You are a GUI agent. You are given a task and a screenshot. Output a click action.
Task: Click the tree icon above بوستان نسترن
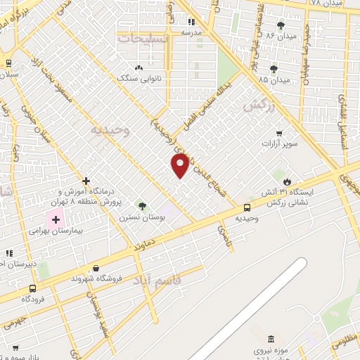click(x=142, y=206)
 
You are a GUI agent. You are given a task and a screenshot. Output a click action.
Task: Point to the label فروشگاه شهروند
click(x=96, y=278)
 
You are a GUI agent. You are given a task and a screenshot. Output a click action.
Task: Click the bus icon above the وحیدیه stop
click(x=247, y=207)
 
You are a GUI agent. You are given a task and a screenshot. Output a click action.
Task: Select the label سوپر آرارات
click(x=280, y=145)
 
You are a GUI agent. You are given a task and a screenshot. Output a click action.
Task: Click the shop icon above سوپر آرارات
click(x=279, y=133)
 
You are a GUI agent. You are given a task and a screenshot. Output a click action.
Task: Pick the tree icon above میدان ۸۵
click(x=273, y=69)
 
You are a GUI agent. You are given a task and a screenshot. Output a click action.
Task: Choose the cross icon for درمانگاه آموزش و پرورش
click(x=86, y=181)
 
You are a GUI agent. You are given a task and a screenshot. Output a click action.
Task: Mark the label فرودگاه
click(x=34, y=299)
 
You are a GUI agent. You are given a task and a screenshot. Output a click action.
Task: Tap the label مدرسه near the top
click(x=191, y=32)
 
